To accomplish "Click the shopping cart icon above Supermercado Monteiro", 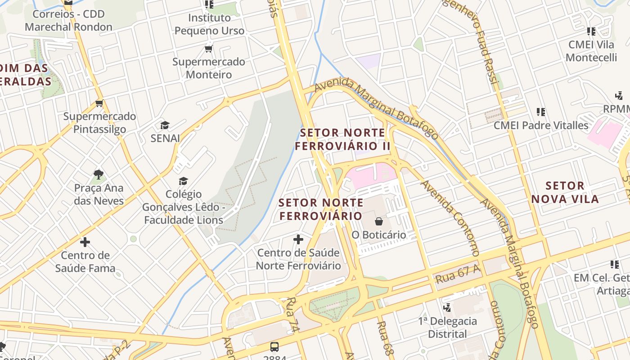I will point(208,49).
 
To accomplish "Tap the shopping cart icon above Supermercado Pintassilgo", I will point(99,103).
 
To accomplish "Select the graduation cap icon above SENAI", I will point(165,125).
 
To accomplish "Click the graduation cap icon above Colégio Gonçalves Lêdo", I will point(183,181).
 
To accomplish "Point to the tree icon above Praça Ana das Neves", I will point(99,174).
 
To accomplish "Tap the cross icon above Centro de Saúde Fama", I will point(85,242).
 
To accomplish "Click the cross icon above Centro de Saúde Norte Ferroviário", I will point(298,239).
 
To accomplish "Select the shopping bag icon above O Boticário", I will point(379,221).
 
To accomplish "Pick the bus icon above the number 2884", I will point(274,346).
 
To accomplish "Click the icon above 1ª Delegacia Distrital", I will point(447,308).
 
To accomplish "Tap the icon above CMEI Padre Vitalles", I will point(541,112).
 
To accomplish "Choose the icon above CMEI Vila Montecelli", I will point(591,31).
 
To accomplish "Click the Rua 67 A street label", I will point(457,274).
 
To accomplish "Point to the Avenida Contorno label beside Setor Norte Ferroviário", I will point(450,218).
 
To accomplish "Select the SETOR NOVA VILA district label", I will point(565,192).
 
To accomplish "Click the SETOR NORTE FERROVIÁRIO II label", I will point(342,139).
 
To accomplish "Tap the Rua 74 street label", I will point(292,315).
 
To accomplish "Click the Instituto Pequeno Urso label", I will point(209,24).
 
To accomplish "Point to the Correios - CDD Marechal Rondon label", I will point(68,20).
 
